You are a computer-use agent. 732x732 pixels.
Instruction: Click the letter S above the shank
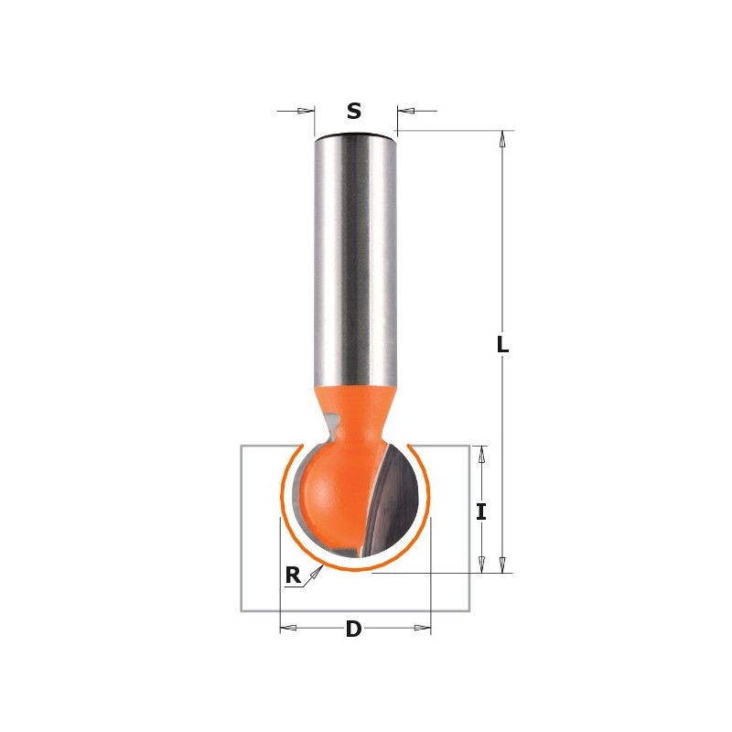pos(354,112)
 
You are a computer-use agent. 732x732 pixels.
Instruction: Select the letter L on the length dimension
pos(502,345)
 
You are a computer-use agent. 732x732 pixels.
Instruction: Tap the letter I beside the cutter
pos(481,511)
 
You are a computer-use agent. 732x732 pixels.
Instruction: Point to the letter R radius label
pos(293,576)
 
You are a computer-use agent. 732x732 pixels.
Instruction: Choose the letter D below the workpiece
pos(353,630)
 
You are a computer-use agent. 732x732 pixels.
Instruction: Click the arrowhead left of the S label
pos(306,112)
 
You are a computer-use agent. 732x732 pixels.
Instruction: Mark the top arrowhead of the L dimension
pos(501,140)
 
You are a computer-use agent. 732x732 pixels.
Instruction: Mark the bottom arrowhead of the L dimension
pos(501,565)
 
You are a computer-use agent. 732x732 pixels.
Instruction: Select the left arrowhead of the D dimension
pos(287,629)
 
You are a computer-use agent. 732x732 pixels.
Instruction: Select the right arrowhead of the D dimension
pos(422,629)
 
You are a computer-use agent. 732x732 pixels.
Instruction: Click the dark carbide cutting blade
pos(398,499)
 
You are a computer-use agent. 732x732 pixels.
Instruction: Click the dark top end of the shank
pos(355,136)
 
